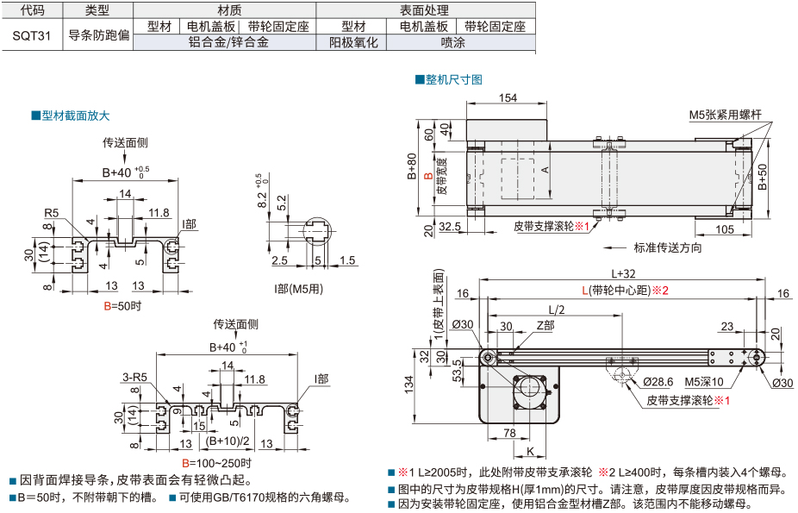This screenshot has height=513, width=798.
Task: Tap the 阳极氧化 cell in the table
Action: (353, 41)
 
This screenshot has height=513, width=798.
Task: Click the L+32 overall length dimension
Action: (623, 273)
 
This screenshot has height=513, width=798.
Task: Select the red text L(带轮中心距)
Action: (625, 290)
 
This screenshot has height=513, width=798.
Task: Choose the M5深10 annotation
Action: (703, 381)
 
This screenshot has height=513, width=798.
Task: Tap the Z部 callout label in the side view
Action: (546, 325)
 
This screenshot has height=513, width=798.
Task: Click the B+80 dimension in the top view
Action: (412, 167)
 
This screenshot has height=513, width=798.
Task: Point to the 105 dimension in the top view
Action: (724, 228)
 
